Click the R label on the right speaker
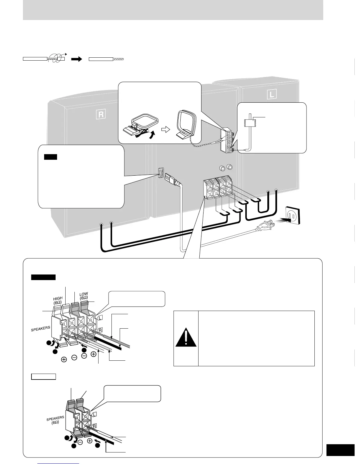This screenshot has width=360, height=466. point(101,114)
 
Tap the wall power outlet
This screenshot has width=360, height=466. point(292,216)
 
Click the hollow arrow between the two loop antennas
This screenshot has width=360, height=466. point(166,130)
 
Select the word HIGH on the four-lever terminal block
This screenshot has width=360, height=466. point(58,298)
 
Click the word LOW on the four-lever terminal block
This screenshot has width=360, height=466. point(84,294)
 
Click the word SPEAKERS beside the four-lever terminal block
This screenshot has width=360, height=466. point(41,329)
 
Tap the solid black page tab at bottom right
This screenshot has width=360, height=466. point(340,450)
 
